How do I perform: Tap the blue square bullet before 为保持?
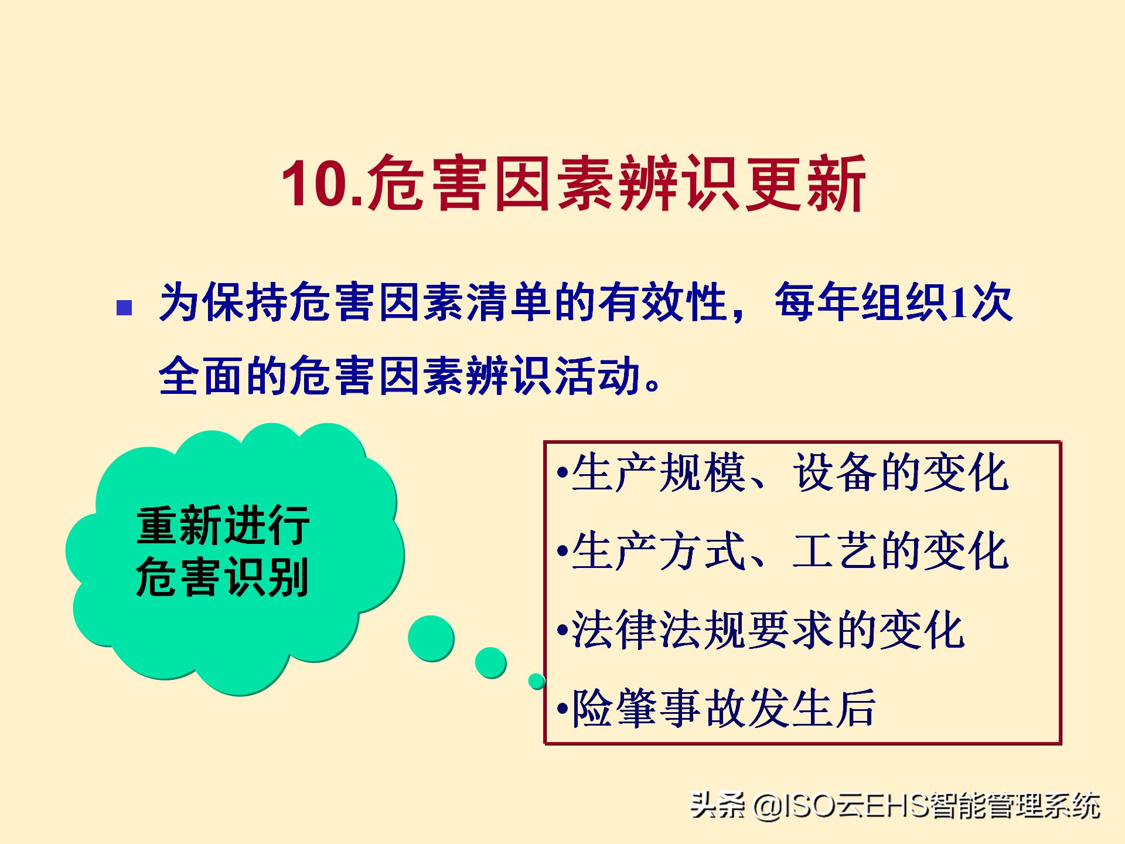124,308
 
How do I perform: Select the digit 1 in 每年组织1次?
959,303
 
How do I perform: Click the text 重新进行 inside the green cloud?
223,525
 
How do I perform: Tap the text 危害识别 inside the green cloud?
223,577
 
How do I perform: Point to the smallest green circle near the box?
537,681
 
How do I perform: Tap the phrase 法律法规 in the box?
659,629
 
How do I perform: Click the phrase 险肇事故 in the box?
659,708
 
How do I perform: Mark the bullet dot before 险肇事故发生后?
562,709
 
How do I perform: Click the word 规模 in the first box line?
703,472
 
